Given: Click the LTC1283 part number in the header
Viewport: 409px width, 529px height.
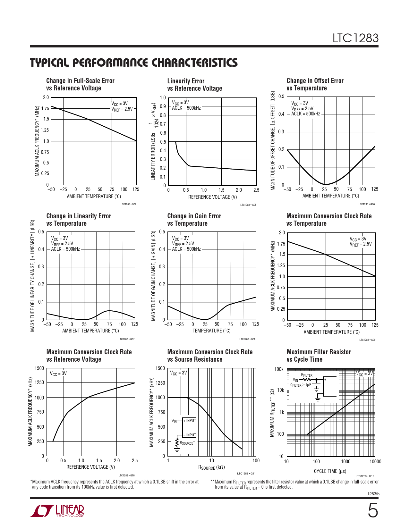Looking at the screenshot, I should (x=355, y=38).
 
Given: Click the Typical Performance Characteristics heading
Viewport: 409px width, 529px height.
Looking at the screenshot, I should (x=133, y=63).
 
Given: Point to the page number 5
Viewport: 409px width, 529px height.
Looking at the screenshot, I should (x=372, y=511).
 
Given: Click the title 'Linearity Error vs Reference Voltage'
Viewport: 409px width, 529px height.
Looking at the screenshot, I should (x=194, y=85).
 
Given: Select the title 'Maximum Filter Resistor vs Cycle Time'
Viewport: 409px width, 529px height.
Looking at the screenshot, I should (x=319, y=356).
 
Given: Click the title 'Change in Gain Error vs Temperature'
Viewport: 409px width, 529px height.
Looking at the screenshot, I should (x=194, y=220).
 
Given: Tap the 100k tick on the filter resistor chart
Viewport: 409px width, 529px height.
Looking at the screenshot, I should (x=279, y=369).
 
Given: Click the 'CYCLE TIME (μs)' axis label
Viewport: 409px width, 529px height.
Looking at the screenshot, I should (x=330, y=471).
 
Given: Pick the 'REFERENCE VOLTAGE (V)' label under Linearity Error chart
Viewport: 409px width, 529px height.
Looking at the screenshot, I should (x=212, y=197).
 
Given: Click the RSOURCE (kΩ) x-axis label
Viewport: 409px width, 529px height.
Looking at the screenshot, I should (x=211, y=467).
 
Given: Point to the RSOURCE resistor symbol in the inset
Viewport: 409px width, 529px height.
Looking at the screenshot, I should (x=177, y=443).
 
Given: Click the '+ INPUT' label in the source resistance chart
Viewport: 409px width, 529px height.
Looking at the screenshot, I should (x=190, y=421).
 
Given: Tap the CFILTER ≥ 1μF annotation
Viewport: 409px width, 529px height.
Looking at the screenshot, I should (x=301, y=385).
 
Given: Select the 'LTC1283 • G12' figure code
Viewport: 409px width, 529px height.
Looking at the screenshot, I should (x=365, y=476).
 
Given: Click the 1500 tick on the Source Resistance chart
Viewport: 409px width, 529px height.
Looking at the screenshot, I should (x=160, y=368).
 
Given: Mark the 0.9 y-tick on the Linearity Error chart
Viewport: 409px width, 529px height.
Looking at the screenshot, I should (x=163, y=106).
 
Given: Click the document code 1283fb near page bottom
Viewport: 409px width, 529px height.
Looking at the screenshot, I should (x=373, y=494).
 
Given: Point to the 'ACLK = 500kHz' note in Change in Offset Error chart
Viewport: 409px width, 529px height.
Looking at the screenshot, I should (x=305, y=114).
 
